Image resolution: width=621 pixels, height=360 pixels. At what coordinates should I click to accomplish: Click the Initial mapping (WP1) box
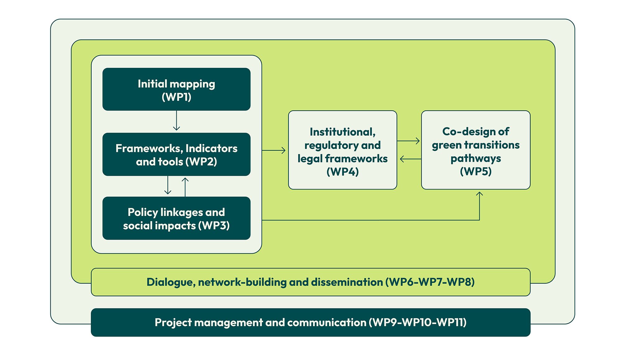point(176,89)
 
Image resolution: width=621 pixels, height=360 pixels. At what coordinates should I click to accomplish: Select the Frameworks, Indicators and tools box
point(176,154)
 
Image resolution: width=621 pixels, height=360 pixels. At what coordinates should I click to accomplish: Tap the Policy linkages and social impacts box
point(176,218)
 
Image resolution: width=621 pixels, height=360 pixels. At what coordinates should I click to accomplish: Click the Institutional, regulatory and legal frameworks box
point(342,150)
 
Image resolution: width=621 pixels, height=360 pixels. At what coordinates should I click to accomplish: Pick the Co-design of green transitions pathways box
point(475,150)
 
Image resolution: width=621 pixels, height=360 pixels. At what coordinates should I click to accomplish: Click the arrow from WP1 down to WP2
point(176,121)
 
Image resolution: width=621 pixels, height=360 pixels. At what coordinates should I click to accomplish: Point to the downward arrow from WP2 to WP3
point(168,185)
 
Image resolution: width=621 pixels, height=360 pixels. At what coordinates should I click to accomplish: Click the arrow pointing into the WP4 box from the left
point(274,150)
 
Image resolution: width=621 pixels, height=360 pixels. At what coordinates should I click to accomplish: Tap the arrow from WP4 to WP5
point(409,141)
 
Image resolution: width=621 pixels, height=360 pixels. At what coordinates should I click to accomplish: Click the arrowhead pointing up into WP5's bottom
point(479,194)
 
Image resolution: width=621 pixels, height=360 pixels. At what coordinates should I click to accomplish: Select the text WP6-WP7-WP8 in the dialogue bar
point(430,282)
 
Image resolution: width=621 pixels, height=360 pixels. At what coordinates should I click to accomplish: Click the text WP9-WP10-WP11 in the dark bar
point(418,322)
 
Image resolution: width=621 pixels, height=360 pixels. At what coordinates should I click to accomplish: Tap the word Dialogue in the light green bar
point(170,282)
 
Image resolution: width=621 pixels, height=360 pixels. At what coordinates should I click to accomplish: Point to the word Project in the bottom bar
point(173,323)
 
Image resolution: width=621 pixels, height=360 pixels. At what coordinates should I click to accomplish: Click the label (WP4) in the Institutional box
point(342,172)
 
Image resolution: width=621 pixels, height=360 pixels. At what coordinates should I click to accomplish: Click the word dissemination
point(347,282)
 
